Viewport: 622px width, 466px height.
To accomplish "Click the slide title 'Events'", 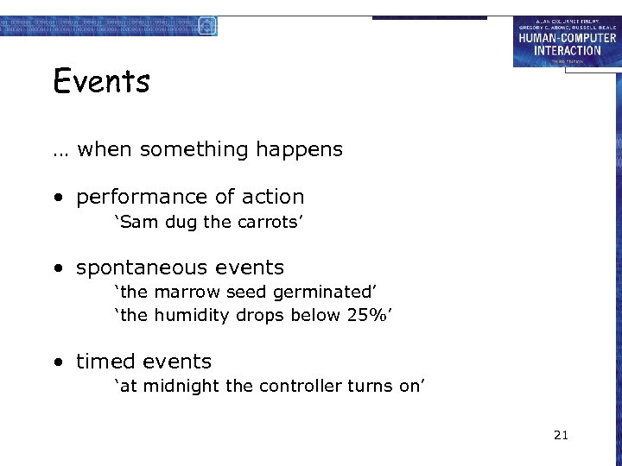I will [101, 82].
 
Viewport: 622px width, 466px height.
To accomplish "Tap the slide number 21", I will [561, 436].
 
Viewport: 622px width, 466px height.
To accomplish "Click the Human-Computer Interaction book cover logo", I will [567, 41].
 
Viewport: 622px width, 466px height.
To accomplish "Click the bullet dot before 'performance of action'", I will [58, 198].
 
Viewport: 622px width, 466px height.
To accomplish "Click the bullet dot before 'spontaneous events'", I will [58, 268].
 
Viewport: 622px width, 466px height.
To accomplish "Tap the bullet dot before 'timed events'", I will [58, 362].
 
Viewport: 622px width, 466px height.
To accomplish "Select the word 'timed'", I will [105, 362].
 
